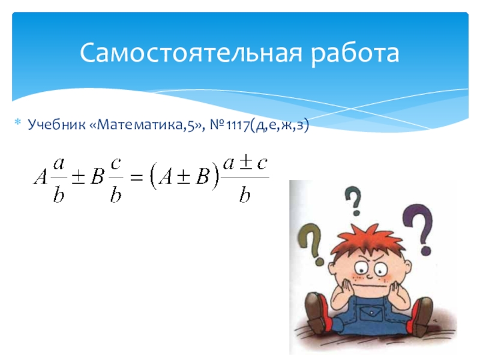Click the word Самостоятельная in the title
191,53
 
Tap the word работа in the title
355,53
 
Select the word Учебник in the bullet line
56,125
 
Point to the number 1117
238,125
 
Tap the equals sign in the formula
136,177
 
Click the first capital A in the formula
40,177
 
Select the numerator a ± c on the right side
245,164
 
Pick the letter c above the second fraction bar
115,164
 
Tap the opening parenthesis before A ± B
153,177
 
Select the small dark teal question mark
354,200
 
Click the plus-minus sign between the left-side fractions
78,177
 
